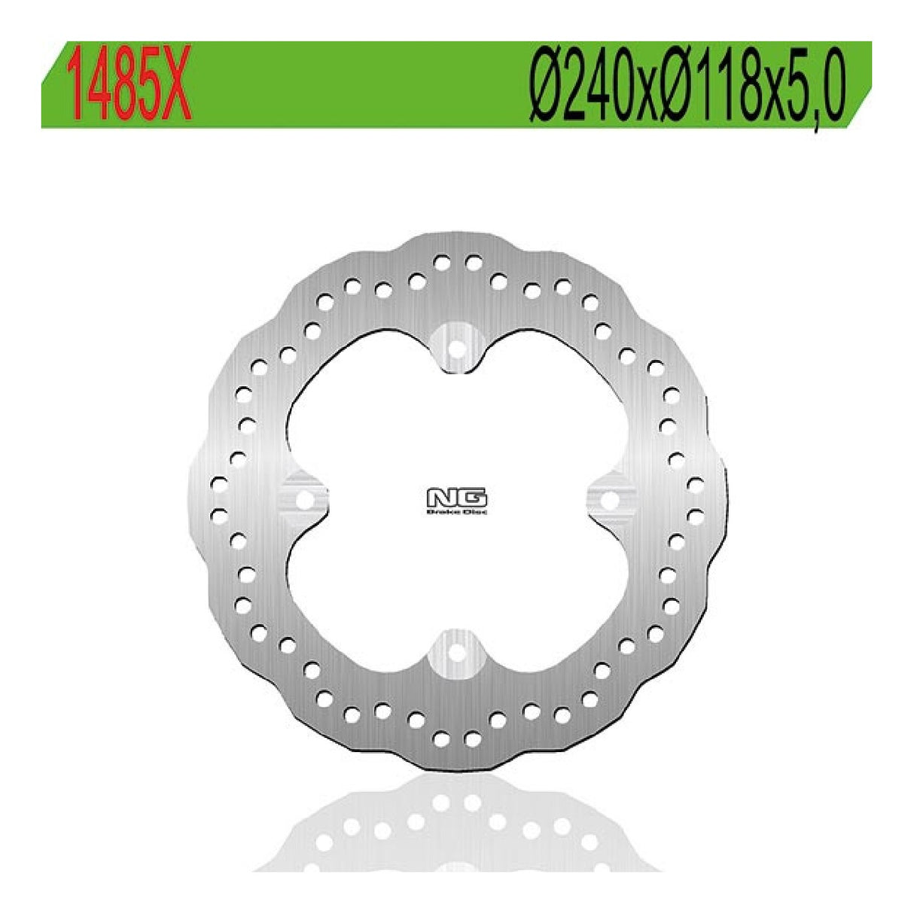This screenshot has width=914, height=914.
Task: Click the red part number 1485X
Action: click(129, 84)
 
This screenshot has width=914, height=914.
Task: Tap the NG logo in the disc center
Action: click(457, 498)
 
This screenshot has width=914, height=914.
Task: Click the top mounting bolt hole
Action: click(456, 347)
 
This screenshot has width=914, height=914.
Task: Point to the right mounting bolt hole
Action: click(610, 498)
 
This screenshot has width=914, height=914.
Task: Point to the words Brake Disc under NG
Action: click(457, 512)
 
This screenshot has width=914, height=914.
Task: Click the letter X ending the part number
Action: click(176, 84)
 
